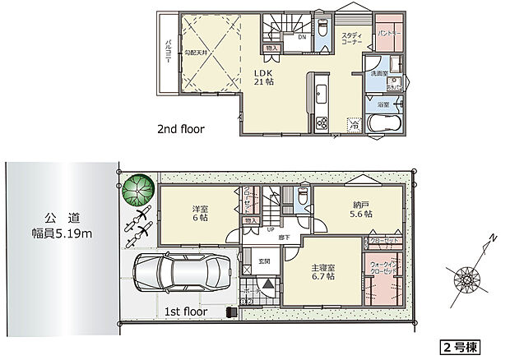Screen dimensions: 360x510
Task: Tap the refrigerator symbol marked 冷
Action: pos(355,126)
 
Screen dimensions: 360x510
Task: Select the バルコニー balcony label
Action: pos(167,52)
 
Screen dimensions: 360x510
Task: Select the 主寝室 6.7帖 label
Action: pos(322,270)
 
